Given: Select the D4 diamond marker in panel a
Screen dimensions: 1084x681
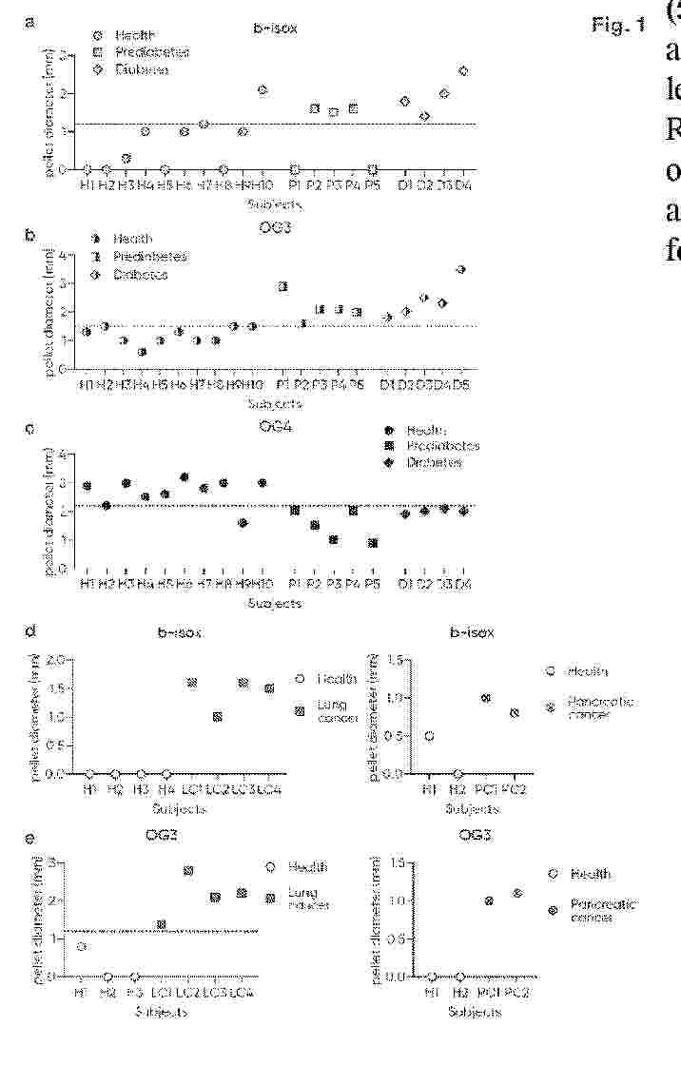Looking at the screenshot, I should (463, 70).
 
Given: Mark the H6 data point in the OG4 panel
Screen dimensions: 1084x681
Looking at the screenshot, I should (184, 477).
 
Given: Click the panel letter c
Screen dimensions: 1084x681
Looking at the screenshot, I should (31, 428).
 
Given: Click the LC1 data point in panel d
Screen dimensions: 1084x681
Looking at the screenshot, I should (191, 683).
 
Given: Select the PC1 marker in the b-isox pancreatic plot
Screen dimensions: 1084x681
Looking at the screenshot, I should (486, 698).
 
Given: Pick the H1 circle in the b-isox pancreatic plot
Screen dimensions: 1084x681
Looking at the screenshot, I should (430, 736).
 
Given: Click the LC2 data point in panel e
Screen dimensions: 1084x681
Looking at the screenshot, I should (188, 871).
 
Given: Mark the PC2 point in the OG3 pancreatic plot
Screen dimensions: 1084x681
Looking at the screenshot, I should (517, 893).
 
